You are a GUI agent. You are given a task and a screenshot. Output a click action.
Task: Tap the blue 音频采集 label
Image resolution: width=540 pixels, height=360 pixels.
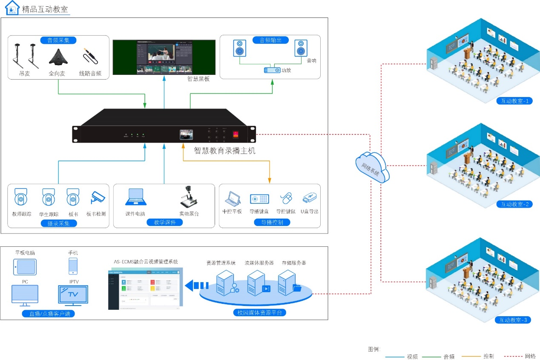[x=58, y=40]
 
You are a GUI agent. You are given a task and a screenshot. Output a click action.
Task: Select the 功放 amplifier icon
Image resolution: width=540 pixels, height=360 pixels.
[x=272, y=70]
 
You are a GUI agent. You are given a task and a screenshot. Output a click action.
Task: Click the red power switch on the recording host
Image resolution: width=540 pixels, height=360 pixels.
[x=236, y=134]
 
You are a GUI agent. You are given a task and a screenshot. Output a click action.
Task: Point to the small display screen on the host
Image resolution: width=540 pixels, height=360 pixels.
[x=186, y=134]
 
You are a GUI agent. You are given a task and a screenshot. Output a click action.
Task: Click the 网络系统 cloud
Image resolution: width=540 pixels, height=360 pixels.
[x=371, y=166]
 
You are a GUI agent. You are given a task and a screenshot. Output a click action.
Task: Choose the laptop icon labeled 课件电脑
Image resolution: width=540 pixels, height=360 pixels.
[x=135, y=198]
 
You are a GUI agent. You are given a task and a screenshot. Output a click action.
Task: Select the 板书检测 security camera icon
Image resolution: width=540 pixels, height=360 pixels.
[x=97, y=197]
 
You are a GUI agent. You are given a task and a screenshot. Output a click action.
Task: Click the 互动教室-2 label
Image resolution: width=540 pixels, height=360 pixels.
[x=514, y=204]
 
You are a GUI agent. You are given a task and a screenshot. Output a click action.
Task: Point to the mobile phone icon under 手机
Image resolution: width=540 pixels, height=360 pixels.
[x=73, y=266]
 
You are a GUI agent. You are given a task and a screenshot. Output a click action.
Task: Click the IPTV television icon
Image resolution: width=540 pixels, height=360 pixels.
[x=73, y=294]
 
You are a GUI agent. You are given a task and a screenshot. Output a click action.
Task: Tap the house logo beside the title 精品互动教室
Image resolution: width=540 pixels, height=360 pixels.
[x=12, y=8]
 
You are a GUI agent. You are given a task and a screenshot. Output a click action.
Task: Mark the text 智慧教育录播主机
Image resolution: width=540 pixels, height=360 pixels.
[x=224, y=151]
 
